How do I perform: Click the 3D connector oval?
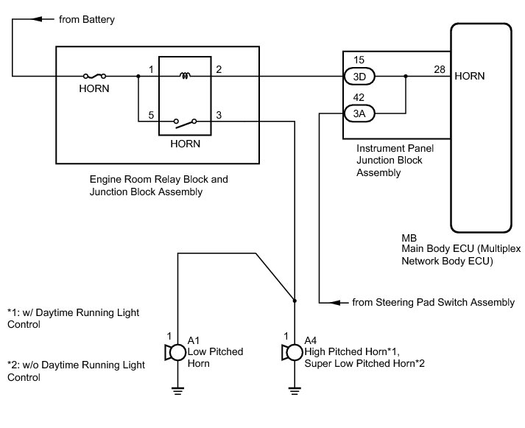(360, 76)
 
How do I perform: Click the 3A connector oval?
(360, 113)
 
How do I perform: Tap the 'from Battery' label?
(87, 20)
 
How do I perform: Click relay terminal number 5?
(151, 114)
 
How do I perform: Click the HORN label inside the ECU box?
(470, 76)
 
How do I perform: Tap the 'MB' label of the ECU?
(409, 238)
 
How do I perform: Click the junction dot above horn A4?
(294, 301)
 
